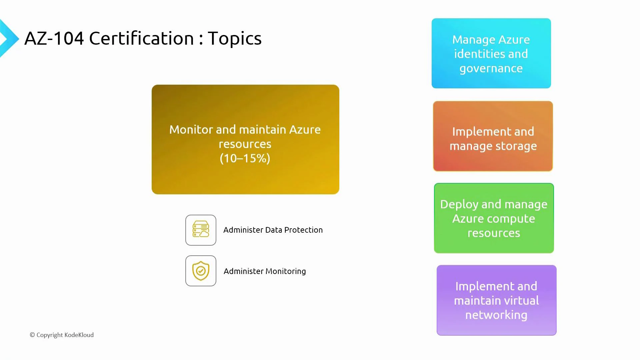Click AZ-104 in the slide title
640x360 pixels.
point(54,38)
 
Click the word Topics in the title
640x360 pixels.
point(234,39)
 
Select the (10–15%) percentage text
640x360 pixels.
point(245,158)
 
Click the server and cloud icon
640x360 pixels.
point(201,230)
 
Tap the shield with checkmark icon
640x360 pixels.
point(201,271)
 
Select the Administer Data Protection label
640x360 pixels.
point(273,230)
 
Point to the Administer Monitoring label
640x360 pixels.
point(264,271)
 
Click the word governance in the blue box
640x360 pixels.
point(491,69)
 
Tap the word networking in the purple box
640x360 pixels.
point(496,315)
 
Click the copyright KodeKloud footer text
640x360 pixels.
point(62,335)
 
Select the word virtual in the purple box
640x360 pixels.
point(522,301)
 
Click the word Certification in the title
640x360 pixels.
point(141,38)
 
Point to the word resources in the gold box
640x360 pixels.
point(245,144)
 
